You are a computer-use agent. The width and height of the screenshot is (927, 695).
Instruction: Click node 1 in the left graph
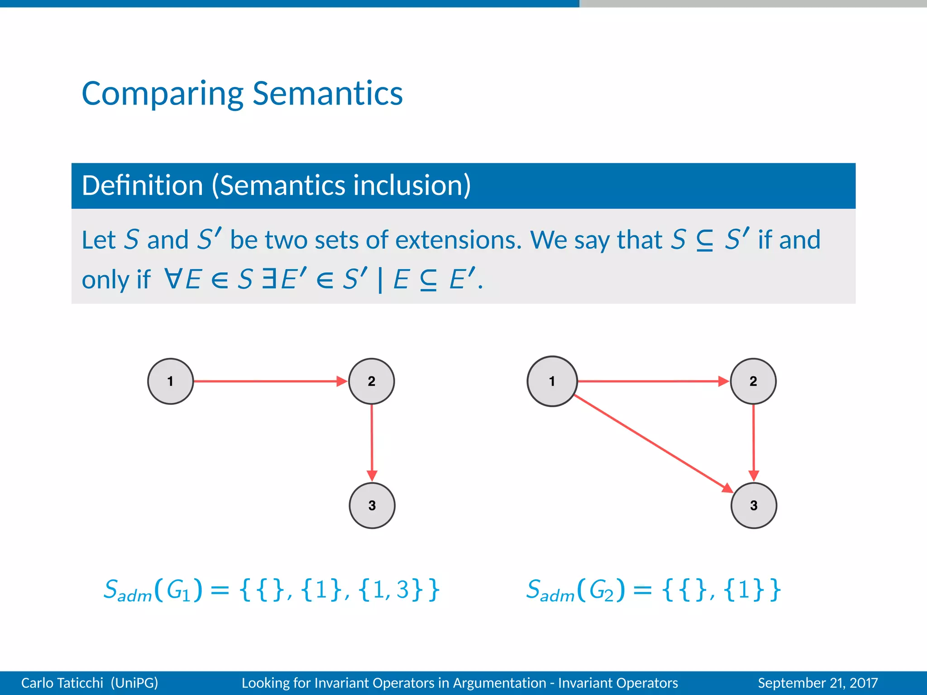click(x=171, y=381)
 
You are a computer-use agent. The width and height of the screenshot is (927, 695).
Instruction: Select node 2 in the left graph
click(x=372, y=381)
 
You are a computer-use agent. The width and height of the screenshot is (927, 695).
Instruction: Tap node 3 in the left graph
click(x=372, y=505)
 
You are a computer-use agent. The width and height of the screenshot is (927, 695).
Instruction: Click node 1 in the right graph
click(x=552, y=381)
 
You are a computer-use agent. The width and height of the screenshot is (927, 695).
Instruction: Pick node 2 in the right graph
click(x=753, y=381)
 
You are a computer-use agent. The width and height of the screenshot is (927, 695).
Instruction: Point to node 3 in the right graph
click(x=754, y=505)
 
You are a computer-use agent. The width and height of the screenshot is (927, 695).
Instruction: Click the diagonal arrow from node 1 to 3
click(x=652, y=443)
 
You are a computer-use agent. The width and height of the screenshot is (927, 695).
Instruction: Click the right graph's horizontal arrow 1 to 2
click(x=652, y=381)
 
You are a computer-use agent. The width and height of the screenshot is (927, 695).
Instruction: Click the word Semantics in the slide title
click(x=327, y=94)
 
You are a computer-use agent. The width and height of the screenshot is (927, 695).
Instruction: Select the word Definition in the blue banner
click(x=142, y=186)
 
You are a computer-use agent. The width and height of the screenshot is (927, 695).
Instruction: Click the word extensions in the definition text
click(x=459, y=240)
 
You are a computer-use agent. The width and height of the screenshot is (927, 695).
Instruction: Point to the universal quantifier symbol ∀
click(x=173, y=279)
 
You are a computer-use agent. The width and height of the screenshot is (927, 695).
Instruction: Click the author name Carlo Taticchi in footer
click(x=62, y=683)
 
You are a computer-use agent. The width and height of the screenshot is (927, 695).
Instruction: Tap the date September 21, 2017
click(x=817, y=683)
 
